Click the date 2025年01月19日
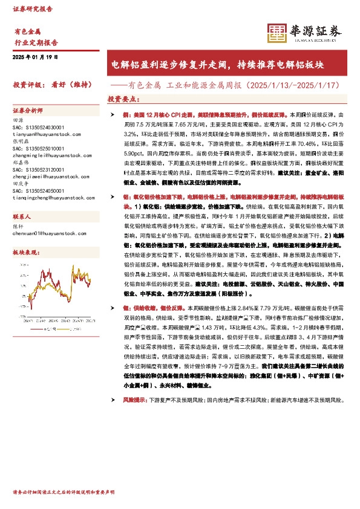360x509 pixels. coord(35,56)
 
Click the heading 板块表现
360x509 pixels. coord(27,251)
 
